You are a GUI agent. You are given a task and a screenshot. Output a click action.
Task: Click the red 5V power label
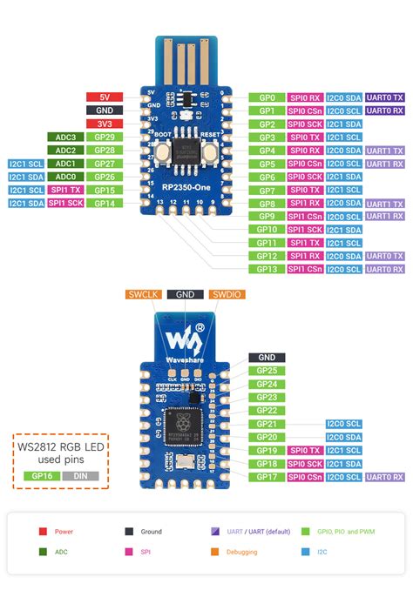(105, 97)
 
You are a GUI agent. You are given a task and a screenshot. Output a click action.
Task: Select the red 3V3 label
(105, 124)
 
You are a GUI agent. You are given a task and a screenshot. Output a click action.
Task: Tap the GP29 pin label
(105, 138)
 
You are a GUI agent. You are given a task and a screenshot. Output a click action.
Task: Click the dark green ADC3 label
(65, 138)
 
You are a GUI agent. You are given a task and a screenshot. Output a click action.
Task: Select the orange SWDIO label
(227, 295)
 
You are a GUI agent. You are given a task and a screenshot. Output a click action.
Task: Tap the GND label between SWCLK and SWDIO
(186, 295)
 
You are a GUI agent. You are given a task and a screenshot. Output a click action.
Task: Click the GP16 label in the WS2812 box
(41, 476)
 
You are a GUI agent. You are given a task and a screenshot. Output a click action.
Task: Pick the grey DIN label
(80, 476)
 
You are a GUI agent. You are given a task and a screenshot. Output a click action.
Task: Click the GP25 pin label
(267, 371)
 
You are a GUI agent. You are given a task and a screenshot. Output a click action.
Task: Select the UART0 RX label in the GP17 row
(384, 477)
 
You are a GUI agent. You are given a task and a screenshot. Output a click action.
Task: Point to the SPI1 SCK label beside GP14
(65, 203)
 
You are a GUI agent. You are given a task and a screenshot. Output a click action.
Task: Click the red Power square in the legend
(42, 531)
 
